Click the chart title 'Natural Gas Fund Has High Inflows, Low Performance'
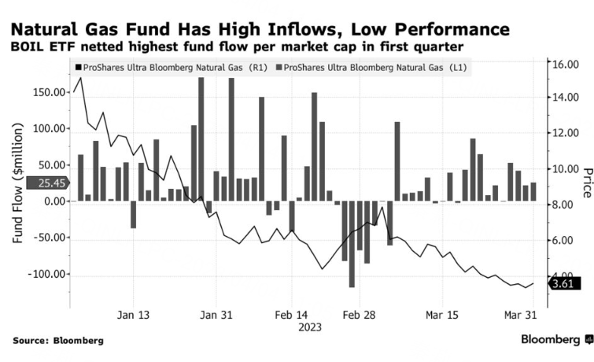260,30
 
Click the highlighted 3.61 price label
565,284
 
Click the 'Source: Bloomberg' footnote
58,341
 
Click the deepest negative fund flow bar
352,244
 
